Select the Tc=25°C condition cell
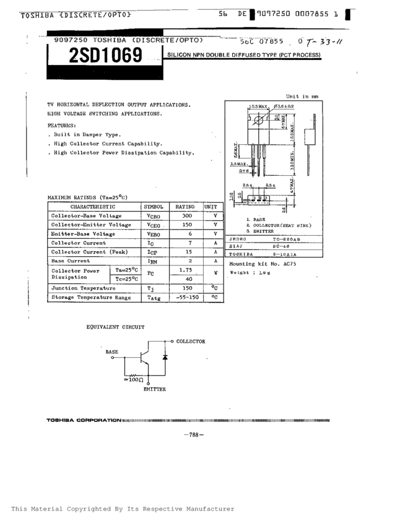pyautogui.click(x=126, y=280)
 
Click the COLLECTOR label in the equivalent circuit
pyautogui.click(x=191, y=341)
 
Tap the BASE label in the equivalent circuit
pyautogui.click(x=111, y=351)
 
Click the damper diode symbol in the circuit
pyautogui.click(x=165, y=358)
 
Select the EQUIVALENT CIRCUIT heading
pyautogui.click(x=115, y=327)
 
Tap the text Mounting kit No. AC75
pyautogui.click(x=263, y=263)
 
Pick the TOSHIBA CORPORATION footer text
pyautogui.click(x=84, y=421)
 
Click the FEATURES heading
pyautogui.click(x=64, y=124)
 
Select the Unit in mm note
pyautogui.click(x=302, y=97)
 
